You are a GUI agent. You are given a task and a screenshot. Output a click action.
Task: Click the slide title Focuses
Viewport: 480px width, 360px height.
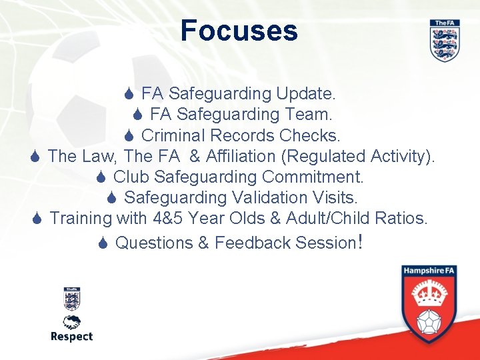(x=239, y=31)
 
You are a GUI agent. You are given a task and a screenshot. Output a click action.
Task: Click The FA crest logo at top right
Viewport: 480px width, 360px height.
(x=444, y=41)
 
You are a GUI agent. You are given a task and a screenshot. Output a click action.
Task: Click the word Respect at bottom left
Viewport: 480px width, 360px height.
(x=71, y=337)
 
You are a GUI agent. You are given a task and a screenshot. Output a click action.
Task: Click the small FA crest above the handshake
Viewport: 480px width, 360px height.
(x=71, y=299)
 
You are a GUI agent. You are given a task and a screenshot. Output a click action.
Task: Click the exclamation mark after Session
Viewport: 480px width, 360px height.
(x=360, y=241)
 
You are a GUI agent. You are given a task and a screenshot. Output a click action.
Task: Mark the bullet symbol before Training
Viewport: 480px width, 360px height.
(x=39, y=219)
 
